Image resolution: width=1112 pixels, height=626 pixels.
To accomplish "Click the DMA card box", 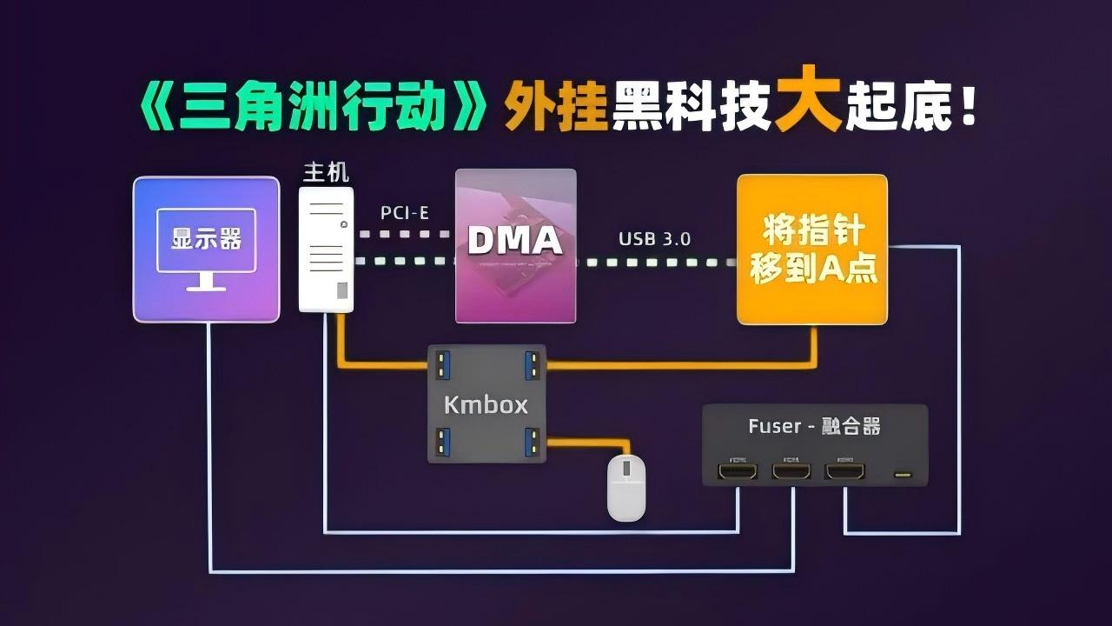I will click(516, 246).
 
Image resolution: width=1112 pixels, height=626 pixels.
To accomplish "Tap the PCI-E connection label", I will click(406, 212).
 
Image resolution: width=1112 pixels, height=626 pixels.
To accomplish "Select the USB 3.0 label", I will click(654, 238).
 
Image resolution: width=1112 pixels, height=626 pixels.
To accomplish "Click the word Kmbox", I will click(486, 404).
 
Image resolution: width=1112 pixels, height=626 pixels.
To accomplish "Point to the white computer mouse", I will click(625, 488).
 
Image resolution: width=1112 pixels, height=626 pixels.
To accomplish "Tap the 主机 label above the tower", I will click(326, 172).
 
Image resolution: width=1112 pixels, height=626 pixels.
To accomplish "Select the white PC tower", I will click(326, 249).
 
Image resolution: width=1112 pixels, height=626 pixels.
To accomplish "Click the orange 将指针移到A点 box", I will click(812, 250).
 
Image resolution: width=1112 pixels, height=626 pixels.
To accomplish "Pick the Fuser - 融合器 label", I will click(814, 426).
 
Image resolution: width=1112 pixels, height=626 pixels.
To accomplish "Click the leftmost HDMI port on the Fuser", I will click(738, 471).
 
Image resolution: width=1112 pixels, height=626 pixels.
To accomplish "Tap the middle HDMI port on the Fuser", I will click(791, 471).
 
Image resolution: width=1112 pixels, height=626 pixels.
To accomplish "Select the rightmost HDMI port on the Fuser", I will click(844, 471).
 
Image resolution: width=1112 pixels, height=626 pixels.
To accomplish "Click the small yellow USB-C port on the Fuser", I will click(903, 475).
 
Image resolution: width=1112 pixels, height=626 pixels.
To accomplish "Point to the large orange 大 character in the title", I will click(808, 106).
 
